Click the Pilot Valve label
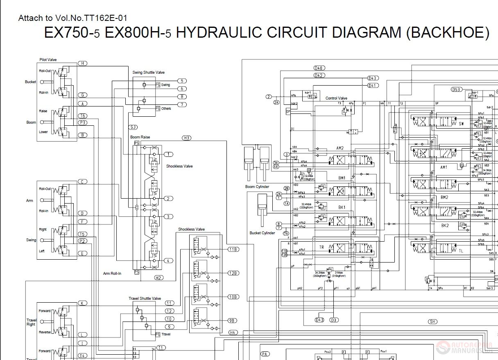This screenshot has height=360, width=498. coord(48,60)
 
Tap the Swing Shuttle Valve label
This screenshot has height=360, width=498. coord(148,72)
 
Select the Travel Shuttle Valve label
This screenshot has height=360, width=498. coord(145,299)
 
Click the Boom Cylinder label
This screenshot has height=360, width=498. coord(257,187)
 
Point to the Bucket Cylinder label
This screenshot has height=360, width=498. coord(262,233)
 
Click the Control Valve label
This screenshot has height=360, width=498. coord(336,98)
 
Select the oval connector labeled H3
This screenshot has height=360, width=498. coord(187,138)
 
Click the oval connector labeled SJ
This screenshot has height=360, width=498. coord(133,127)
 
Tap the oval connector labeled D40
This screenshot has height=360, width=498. coord(319,68)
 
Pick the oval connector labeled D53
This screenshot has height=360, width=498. coord(457,89)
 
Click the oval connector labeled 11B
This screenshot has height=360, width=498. coord(233,249)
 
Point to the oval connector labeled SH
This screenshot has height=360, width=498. coord(432,322)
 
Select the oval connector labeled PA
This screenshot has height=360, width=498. coord(265,354)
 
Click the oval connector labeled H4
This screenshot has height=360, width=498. coord(233,332)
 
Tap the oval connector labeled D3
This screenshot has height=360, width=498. coord(334,320)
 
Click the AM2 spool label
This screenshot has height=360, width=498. coord(340,148)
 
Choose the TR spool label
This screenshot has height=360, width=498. coord(322,247)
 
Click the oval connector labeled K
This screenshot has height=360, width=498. coord(82,303)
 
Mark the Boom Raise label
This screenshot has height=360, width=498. coord(140,137)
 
